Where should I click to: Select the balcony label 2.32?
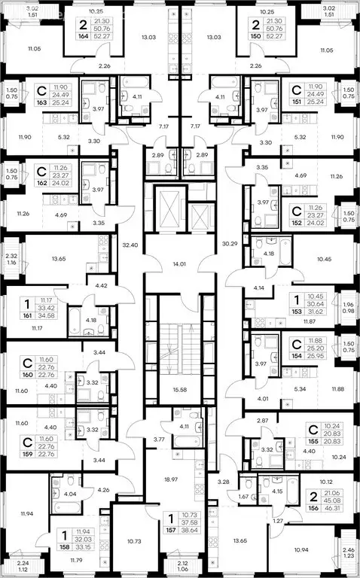11,245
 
